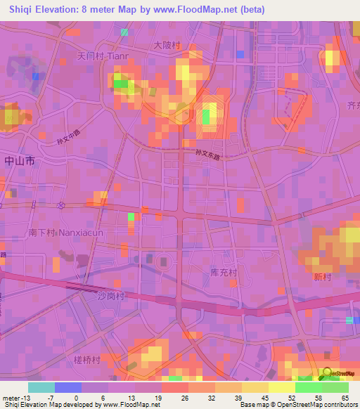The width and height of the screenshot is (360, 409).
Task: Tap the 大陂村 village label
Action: (167, 45)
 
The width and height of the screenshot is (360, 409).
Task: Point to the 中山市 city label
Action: (19, 161)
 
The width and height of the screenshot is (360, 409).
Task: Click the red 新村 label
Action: (322, 278)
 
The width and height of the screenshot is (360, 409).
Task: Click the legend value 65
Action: (345, 398)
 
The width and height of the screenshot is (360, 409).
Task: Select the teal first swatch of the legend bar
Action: (41, 387)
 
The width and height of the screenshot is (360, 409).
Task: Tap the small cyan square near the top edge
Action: (124, 32)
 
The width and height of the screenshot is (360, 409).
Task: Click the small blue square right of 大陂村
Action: (241, 54)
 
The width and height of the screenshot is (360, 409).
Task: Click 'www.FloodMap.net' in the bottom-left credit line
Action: (131, 405)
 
